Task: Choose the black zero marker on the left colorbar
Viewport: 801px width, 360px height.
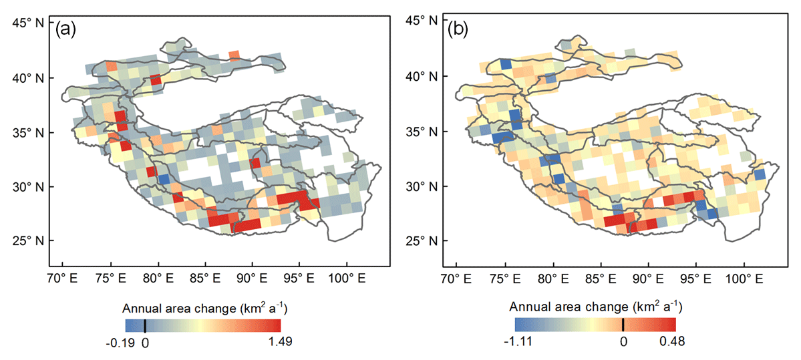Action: (x=145, y=325)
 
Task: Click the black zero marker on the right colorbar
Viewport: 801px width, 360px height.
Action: (x=623, y=325)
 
